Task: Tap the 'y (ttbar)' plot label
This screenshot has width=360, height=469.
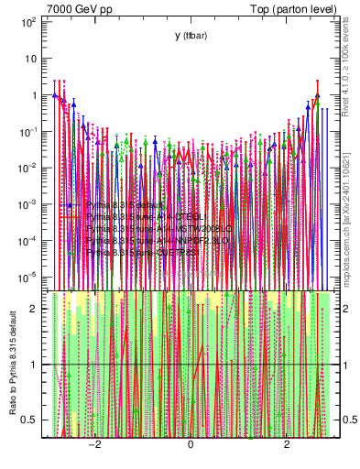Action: tap(190, 35)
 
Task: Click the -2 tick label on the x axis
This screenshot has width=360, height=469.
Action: tap(93, 444)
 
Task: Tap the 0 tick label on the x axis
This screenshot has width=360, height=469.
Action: tap(190, 444)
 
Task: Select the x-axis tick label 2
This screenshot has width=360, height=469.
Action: tap(287, 444)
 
